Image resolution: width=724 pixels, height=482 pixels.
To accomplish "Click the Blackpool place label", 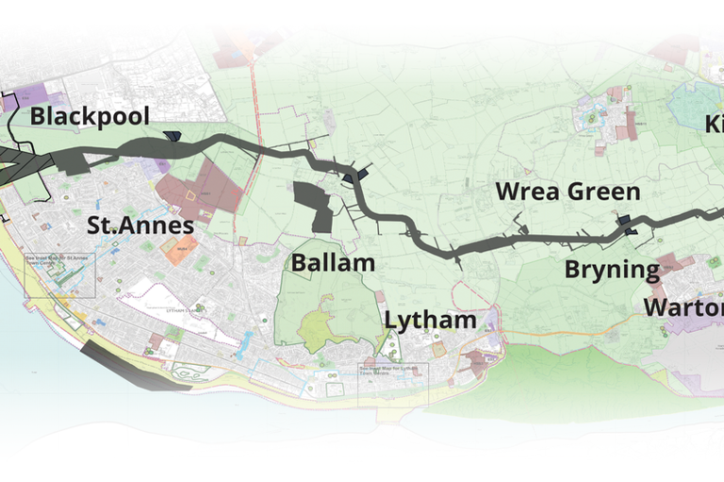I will coord(90,117).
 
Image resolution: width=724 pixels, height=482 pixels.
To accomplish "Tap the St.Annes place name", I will coord(140,225).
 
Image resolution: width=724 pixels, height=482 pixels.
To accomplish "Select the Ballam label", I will coord(333,263).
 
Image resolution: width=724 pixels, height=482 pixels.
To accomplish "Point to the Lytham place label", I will coord(430,320).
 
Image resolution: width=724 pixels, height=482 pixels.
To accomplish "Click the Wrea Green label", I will coord(568,192).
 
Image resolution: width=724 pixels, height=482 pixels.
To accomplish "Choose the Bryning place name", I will coord(612,270).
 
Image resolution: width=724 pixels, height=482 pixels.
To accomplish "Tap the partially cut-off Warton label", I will coord(684,307).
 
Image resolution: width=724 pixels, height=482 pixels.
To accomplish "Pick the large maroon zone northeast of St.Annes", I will coord(200,192).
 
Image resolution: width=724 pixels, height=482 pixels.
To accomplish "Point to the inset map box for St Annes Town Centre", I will coord(60,274).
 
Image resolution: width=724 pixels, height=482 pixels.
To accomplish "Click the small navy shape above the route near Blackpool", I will coord(172,137).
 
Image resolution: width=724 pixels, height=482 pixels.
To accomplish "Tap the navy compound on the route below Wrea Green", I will coord(626,226).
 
